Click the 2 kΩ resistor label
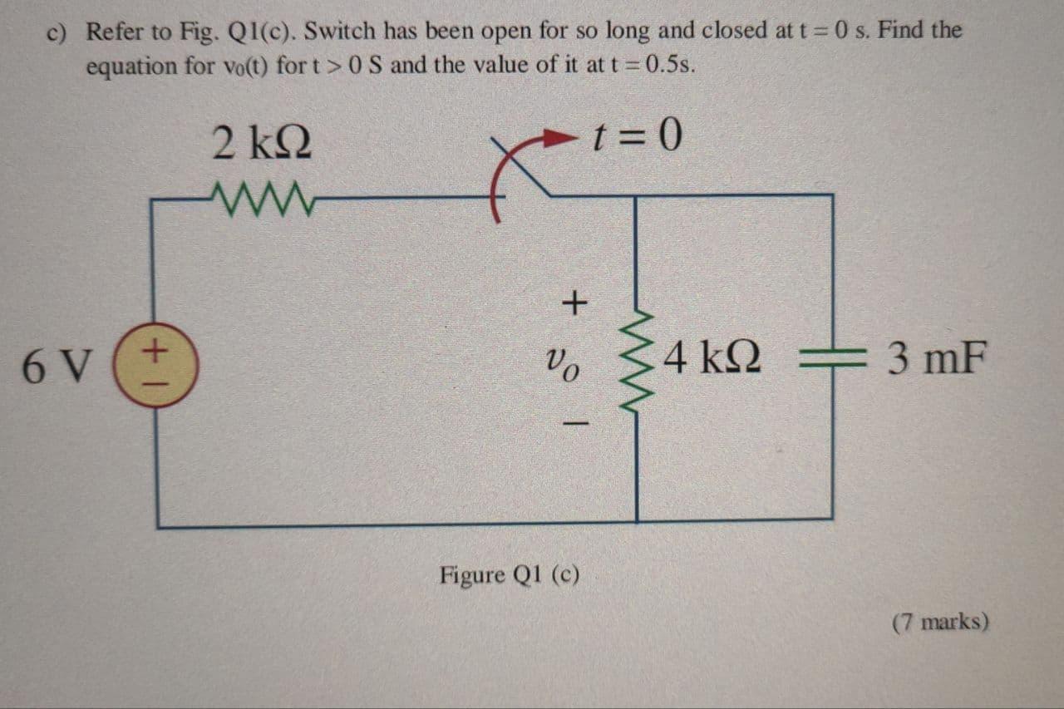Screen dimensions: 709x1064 tap(262, 142)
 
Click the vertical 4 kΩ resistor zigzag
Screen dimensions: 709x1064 tap(637, 360)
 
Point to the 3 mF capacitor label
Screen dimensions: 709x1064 tap(937, 358)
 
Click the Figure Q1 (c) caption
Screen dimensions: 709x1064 tap(510, 574)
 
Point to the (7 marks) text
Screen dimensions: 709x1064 tap(940, 622)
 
